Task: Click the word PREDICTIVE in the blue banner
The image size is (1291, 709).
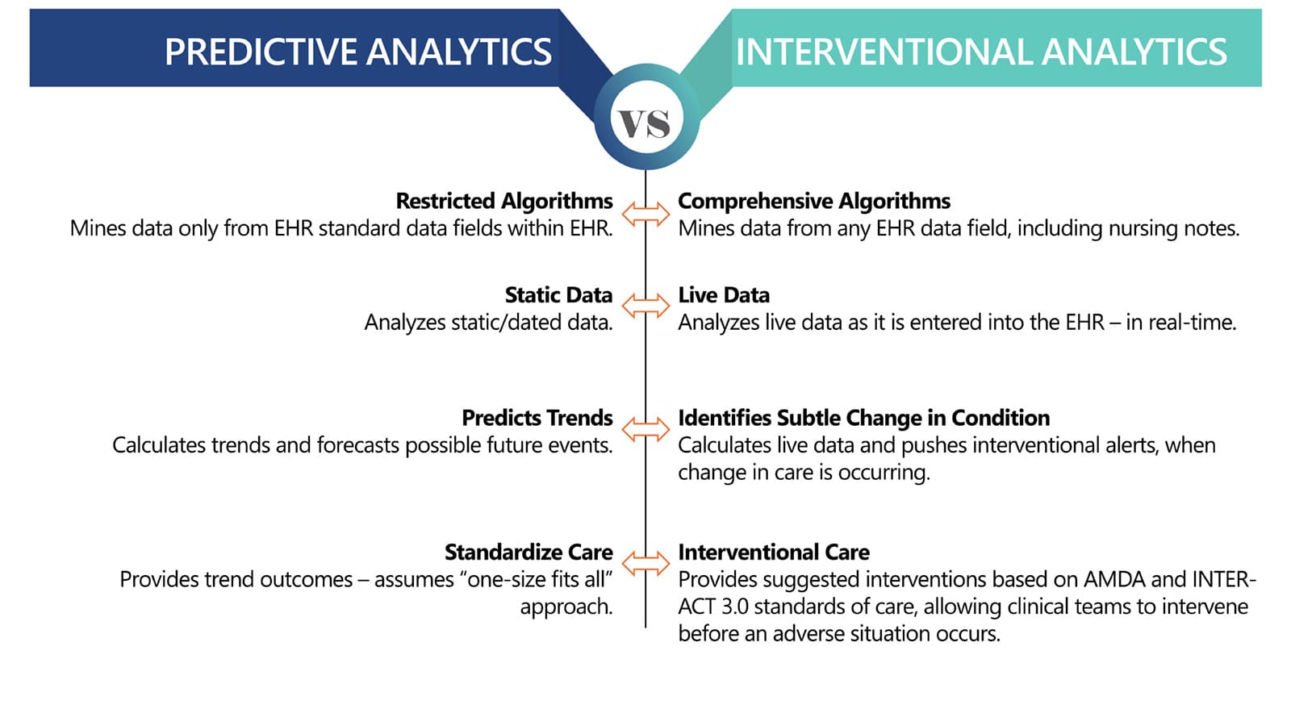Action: (x=261, y=52)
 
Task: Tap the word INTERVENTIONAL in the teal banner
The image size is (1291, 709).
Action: (x=883, y=52)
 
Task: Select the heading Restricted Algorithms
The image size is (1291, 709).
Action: (x=504, y=201)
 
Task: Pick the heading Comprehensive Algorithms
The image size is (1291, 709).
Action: (x=813, y=201)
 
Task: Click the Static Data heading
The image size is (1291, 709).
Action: (x=558, y=295)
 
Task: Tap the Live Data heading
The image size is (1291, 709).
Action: (x=723, y=295)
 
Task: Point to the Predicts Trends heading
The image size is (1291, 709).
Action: (x=537, y=418)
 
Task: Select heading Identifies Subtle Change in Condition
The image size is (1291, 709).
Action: (x=863, y=418)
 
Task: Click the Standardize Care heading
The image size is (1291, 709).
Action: (x=529, y=553)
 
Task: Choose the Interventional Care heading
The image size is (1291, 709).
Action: (x=773, y=553)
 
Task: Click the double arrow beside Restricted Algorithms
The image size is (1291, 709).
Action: (x=645, y=215)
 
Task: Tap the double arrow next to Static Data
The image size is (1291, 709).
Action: (x=645, y=306)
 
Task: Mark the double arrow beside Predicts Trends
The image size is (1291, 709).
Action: (x=645, y=430)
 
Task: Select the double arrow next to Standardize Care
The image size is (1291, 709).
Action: (x=645, y=564)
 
